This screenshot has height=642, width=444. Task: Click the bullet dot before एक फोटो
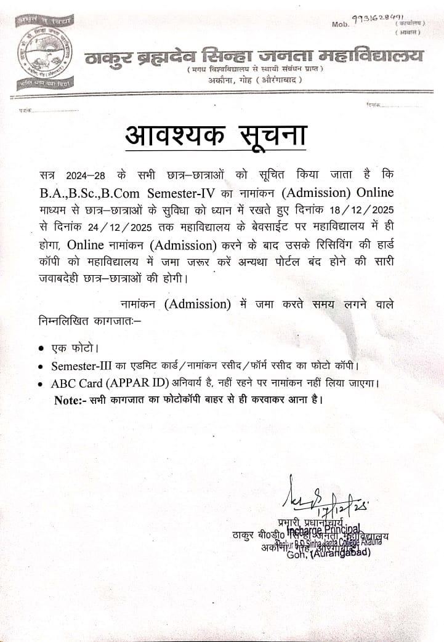point(41,349)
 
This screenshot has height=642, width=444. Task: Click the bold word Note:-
point(72,399)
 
